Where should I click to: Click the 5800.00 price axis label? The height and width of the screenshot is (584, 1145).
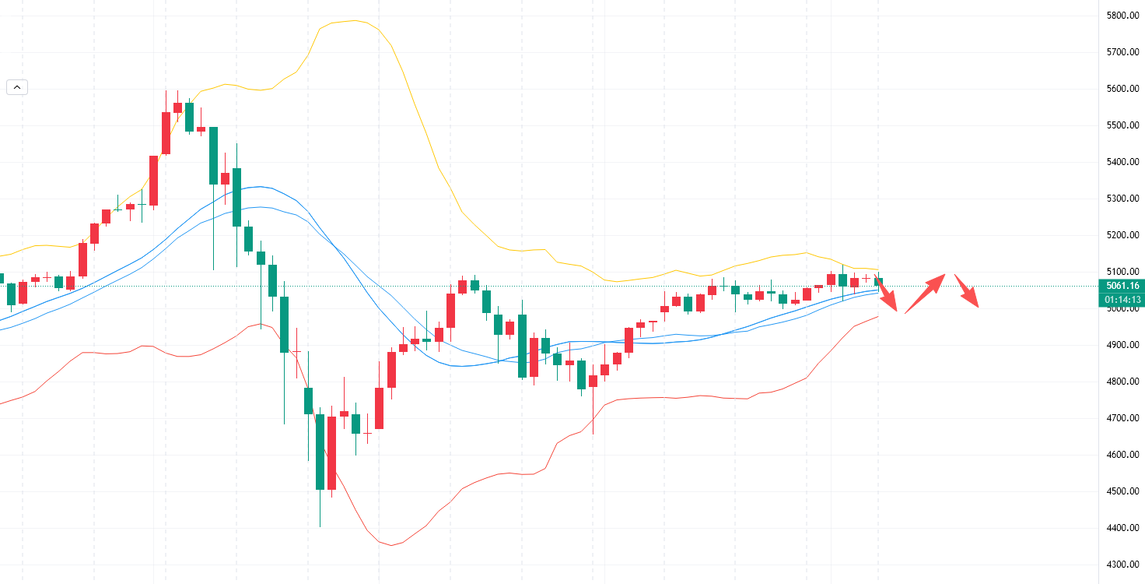1122,16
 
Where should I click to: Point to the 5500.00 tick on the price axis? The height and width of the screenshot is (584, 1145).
1122,125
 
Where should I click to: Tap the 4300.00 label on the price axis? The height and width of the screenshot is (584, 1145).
1122,565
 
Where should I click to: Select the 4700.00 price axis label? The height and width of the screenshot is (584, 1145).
1122,418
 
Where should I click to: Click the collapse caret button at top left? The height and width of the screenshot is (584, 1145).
17,87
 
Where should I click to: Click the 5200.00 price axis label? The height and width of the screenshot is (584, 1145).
1122,235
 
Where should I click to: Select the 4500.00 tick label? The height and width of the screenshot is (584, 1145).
1122,491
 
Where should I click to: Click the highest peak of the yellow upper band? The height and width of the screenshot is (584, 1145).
355,20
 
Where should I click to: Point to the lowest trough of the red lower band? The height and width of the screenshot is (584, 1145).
391,545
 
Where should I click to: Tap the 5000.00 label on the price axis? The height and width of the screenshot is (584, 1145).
1122,309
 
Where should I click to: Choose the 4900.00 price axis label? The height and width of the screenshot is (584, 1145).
1122,345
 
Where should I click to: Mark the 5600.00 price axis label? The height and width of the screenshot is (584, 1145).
1122,89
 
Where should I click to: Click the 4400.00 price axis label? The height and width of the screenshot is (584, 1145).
1122,528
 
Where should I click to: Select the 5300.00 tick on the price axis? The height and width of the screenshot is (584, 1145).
1122,199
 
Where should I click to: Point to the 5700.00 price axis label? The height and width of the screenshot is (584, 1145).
1122,52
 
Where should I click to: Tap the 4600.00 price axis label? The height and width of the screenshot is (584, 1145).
1122,455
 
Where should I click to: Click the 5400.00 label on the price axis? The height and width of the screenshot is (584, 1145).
1122,162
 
